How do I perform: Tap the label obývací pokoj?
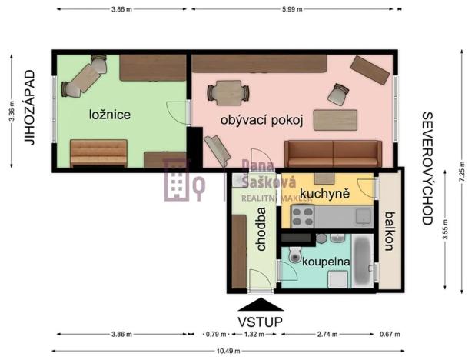pos(262,120)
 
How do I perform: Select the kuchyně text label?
pos(325,193)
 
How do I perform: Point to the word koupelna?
pos(327,262)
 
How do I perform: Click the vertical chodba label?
pos(261,229)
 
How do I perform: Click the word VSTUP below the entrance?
pos(260,321)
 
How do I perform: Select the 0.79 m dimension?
pos(215,335)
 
